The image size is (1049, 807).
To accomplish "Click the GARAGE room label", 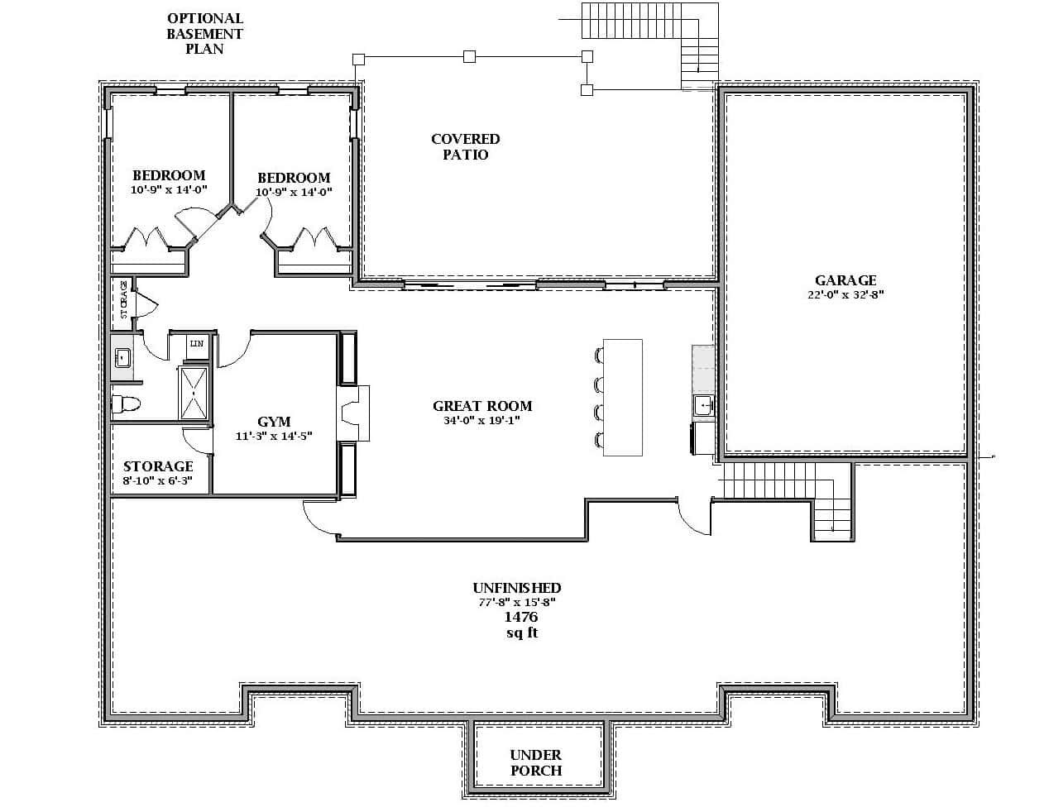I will pos(845,280).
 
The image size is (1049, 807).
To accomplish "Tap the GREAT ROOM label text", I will pos(482,406).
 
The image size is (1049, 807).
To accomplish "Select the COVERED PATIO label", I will pos(465,147).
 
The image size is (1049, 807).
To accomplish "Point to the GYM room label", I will pos(274,422).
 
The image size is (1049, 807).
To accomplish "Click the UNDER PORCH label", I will pos(536,762).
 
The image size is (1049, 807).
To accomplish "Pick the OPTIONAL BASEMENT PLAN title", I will pos(204,33).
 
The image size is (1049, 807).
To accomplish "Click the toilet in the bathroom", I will pos(126,404).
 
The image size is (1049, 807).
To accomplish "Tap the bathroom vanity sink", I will pos(122,357).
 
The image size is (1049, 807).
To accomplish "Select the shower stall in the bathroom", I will pos(193,394).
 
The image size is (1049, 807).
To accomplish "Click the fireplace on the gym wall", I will pos(354,413).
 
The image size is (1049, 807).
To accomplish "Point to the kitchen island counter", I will pos(622,397).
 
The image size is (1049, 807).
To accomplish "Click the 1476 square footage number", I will pos(521,618).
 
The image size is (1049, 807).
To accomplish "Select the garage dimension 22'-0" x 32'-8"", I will pos(845,295).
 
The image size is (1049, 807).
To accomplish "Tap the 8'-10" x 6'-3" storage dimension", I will pos(157,481).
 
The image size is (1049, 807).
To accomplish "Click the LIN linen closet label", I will pos(197,343).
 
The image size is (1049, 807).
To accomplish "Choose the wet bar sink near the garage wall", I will pos(703,404).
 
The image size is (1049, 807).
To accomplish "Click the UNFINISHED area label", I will pos(517,588).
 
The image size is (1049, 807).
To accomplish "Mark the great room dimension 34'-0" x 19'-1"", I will pos(481,421).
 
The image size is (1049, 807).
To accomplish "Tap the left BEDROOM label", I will pos(169,175).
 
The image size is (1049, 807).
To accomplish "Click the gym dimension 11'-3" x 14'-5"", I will pos(274,436).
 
